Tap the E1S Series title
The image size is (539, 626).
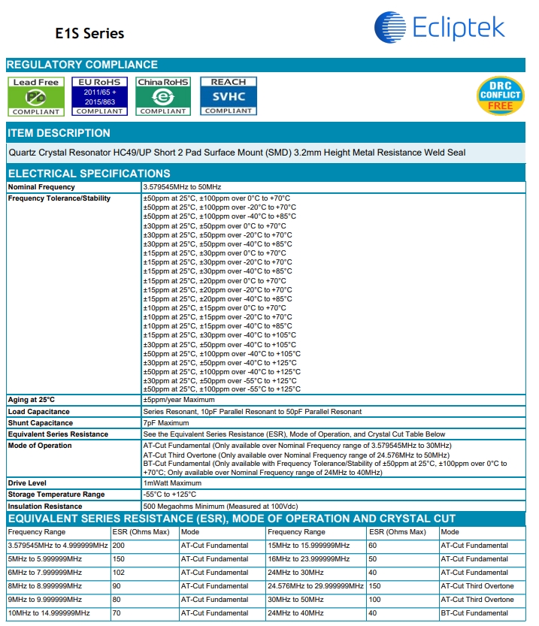(89, 34)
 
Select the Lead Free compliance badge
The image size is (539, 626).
(35, 96)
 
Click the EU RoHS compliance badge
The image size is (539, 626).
(99, 96)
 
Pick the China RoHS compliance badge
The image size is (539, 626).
(163, 96)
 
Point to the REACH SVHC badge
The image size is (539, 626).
(228, 96)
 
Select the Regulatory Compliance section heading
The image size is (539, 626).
(82, 65)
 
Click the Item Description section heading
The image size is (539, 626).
(59, 133)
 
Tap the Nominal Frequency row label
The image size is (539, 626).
(41, 186)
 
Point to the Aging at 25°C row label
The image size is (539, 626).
(32, 400)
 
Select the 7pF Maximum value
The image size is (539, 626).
(166, 423)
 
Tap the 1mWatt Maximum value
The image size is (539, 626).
(172, 483)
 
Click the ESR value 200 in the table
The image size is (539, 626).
(119, 546)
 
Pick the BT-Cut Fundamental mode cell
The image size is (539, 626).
(475, 613)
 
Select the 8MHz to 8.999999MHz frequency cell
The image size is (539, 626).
(45, 586)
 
